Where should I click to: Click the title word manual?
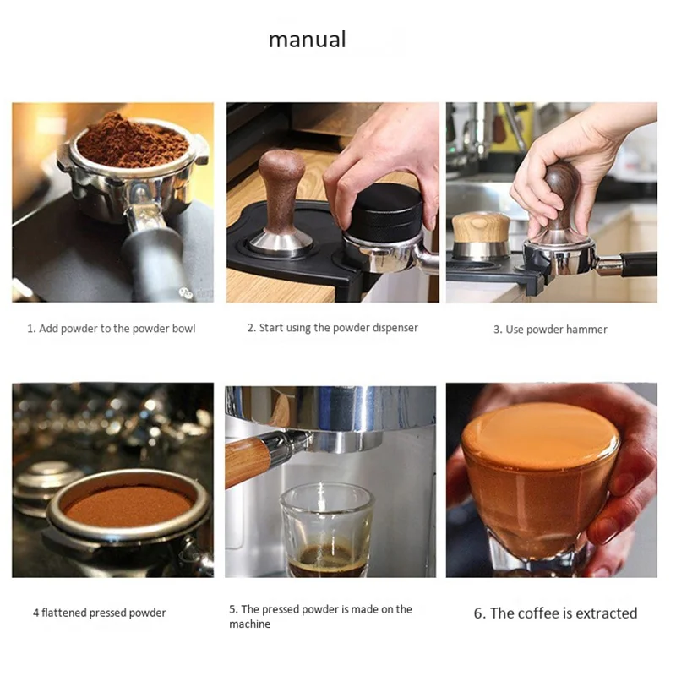click(307, 40)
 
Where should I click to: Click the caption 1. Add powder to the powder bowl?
click(111, 328)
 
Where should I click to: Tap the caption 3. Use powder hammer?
click(550, 330)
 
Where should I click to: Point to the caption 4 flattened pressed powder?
click(99, 613)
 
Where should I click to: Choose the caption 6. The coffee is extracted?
click(555, 613)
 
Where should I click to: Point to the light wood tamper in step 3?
click(481, 234)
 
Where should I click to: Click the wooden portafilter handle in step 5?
click(247, 461)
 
